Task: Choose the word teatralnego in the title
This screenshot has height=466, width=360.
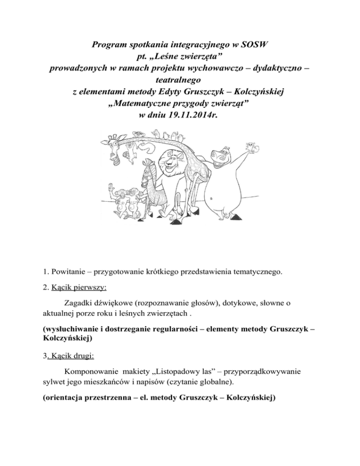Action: pos(180,81)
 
